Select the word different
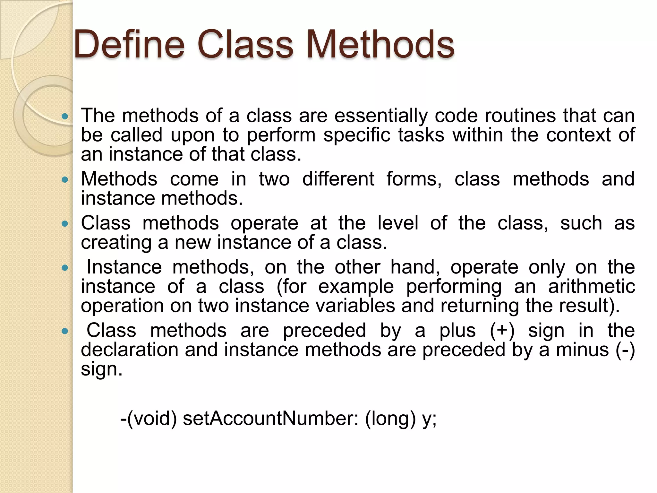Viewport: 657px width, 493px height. coord(338,179)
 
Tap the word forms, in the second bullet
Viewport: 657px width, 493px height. coord(414,179)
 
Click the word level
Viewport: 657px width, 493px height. coord(398,223)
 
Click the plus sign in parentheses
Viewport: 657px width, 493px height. coord(502,331)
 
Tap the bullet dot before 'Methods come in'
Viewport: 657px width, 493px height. coord(65,180)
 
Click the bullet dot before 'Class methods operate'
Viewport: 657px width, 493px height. coord(65,224)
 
